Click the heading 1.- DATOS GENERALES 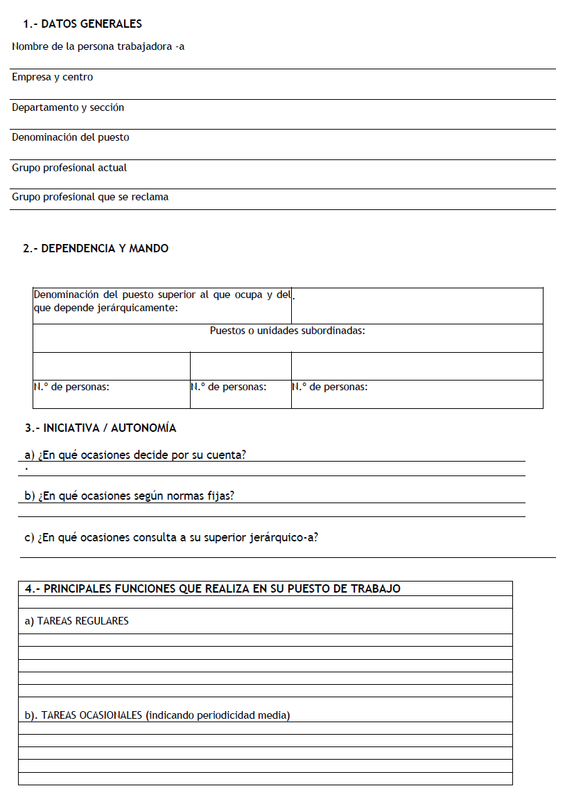(x=82, y=24)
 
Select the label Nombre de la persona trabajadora (x=98, y=47)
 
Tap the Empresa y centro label (x=52, y=78)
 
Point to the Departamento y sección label (x=68, y=108)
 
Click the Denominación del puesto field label (x=70, y=138)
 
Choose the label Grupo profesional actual (x=69, y=168)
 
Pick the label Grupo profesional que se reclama (x=90, y=198)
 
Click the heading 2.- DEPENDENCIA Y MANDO (x=96, y=249)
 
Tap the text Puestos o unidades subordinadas (x=287, y=331)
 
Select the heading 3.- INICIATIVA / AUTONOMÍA (x=101, y=428)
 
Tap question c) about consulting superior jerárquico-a (x=171, y=537)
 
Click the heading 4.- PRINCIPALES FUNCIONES (x=212, y=589)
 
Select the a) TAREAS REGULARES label (x=76, y=622)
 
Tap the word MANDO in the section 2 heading (x=151, y=249)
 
